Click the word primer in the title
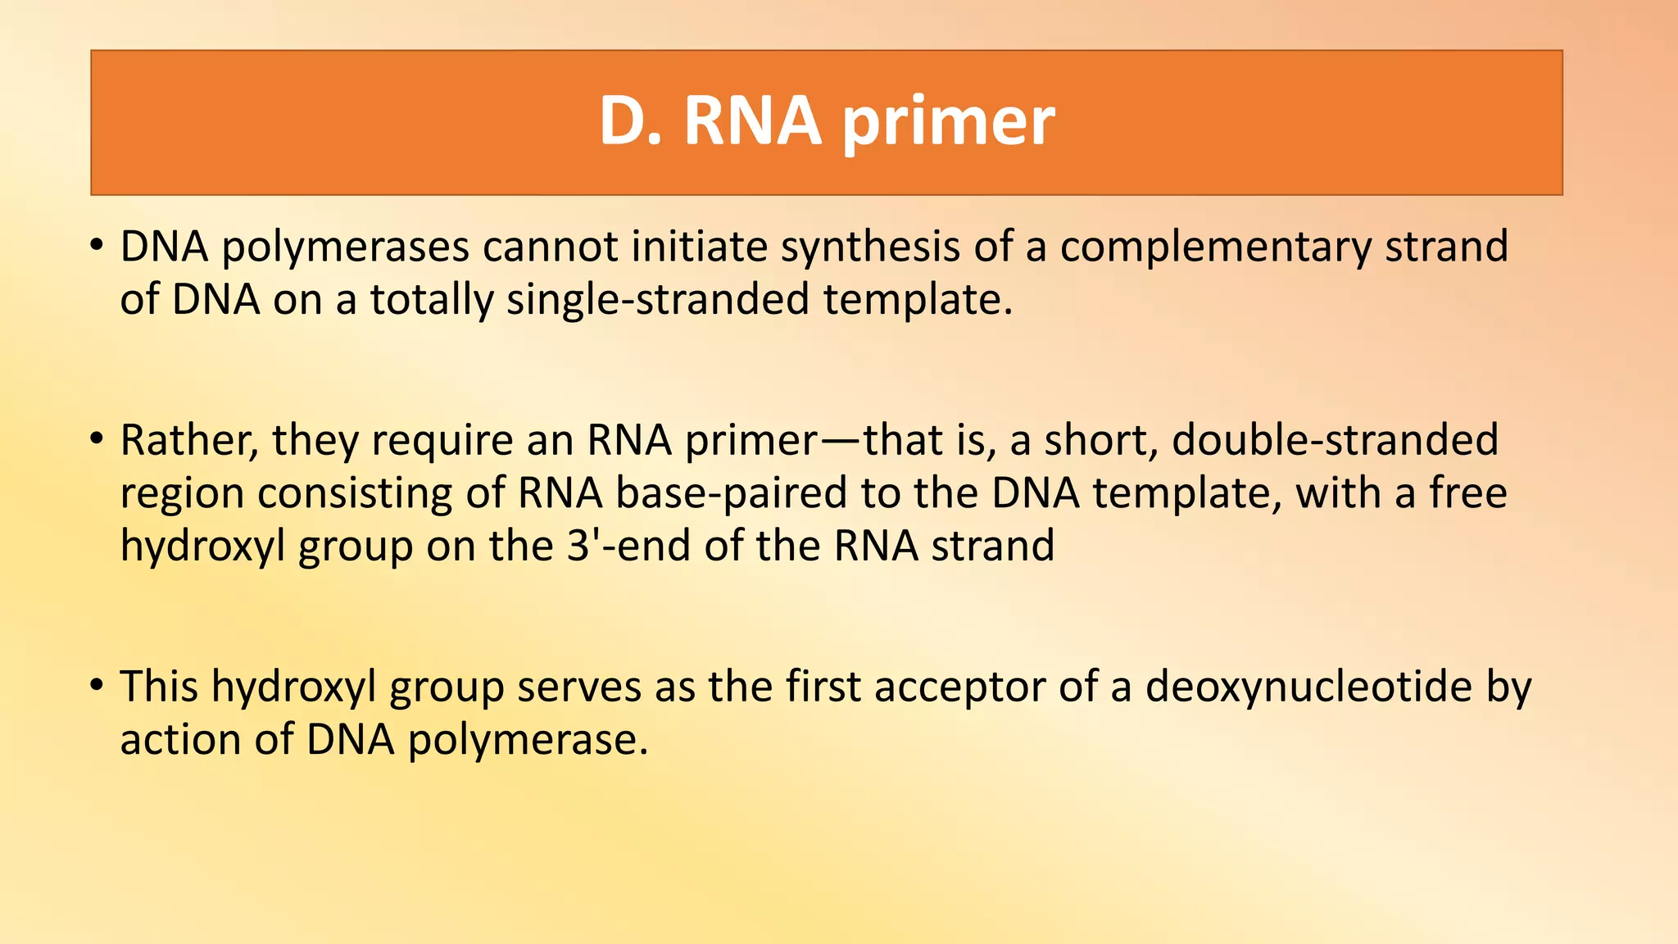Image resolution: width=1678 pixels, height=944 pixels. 948,123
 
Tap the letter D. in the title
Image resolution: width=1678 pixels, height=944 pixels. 629,121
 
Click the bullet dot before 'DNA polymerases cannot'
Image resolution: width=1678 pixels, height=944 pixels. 97,245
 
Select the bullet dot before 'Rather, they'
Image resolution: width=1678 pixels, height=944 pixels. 97,439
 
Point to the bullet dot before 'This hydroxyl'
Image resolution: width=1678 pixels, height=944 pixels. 97,685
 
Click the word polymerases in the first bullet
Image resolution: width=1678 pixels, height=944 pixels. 345,247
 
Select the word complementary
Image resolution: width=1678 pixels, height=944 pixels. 1215,247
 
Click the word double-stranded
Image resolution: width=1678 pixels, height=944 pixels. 1335,440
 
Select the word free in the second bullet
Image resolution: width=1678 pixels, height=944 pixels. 1468,493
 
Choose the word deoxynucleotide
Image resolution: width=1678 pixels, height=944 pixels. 1308,687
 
